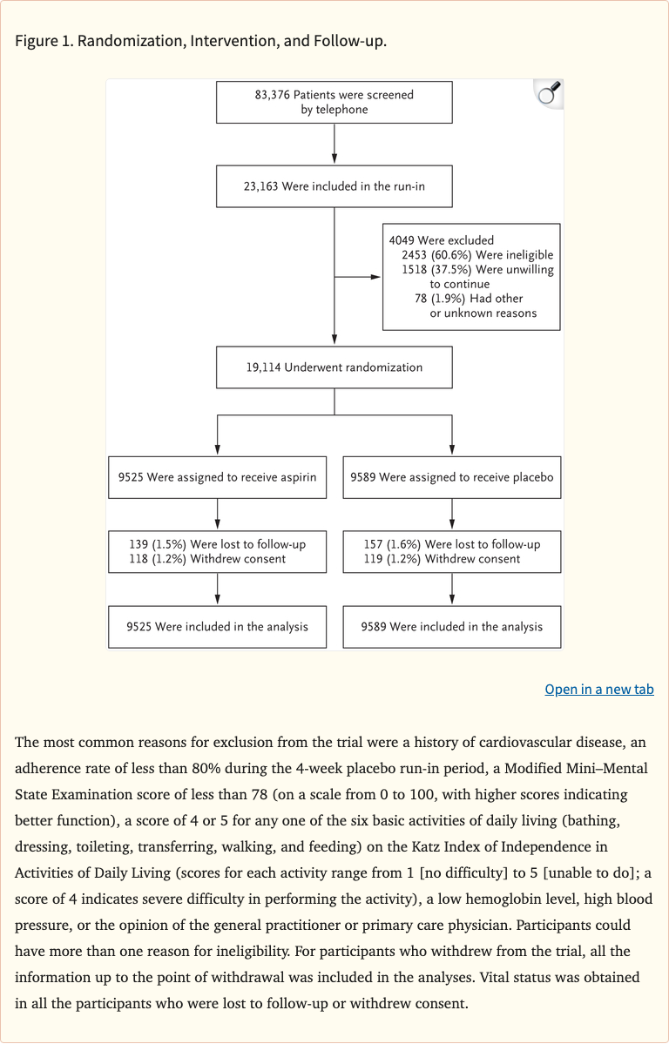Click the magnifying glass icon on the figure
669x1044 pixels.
coord(548,94)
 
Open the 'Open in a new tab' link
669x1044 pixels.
coord(598,689)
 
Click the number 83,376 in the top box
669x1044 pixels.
coord(272,95)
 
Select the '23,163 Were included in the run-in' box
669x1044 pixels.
coord(334,186)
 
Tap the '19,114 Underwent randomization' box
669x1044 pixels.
coord(334,367)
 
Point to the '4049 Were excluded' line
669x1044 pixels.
coord(442,240)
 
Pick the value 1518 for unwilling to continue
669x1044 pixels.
coord(415,270)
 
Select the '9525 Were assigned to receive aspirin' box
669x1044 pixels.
coord(217,477)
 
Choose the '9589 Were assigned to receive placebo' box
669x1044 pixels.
coord(451,477)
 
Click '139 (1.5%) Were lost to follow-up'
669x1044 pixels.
coord(217,544)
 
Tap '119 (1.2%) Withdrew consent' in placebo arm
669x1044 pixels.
coord(442,559)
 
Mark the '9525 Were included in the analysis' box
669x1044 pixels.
coord(217,627)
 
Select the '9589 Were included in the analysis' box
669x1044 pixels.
coord(451,627)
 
